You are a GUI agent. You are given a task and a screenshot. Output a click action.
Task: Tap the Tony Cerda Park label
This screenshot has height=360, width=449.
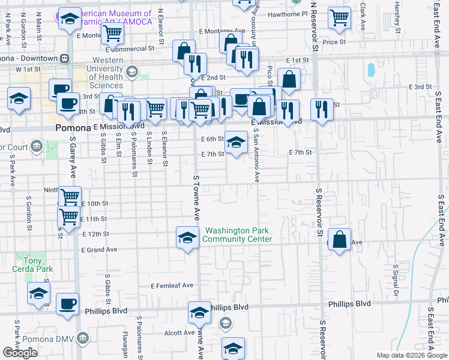click(24, 265)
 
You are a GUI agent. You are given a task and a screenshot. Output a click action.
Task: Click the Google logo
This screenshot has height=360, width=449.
click(20, 352)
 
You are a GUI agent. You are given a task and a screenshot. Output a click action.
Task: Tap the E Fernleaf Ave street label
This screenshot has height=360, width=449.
click(172, 285)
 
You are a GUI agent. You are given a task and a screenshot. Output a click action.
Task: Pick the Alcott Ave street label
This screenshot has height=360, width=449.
click(181, 332)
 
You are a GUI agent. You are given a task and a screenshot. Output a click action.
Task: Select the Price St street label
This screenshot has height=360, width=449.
click(334, 42)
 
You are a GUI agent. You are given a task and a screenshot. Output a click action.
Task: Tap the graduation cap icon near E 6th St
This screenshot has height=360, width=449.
click(236, 142)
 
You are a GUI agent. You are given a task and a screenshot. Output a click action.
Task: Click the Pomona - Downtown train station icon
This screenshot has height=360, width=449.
click(64, 58)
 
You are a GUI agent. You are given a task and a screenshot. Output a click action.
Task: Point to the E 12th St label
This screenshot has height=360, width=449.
click(98, 234)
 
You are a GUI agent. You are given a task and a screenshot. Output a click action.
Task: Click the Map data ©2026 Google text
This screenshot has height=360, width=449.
click(411, 355)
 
